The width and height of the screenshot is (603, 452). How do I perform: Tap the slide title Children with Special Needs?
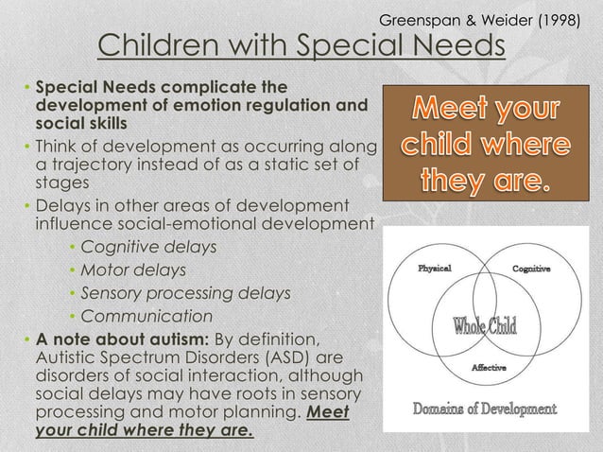tap(302, 46)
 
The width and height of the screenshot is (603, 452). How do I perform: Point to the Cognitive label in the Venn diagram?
tap(533, 269)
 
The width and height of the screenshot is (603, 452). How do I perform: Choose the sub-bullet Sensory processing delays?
tap(185, 293)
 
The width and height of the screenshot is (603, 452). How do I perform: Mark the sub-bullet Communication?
tap(146, 316)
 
